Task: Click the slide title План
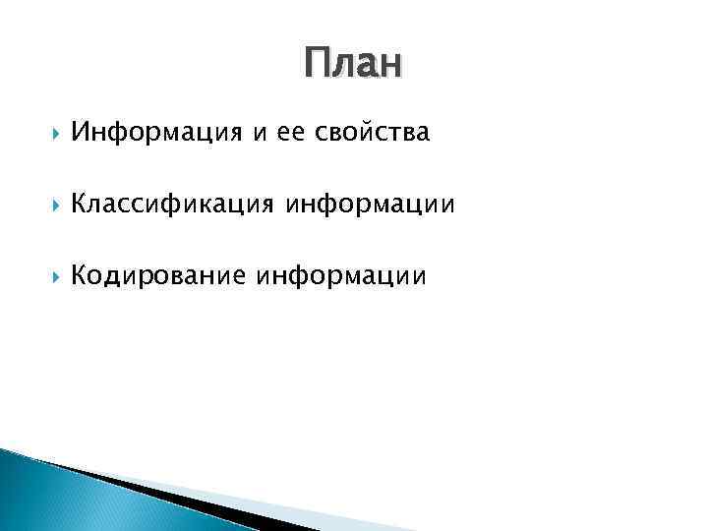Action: click(x=353, y=64)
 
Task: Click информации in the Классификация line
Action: click(x=371, y=206)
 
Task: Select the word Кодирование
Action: click(x=159, y=277)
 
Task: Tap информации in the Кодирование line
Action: click(x=342, y=278)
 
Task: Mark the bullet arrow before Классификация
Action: click(x=49, y=206)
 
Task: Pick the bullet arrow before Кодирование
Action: click(x=49, y=278)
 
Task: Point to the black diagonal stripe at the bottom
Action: click(x=177, y=498)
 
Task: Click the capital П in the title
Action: click(x=317, y=64)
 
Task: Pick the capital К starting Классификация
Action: click(x=81, y=205)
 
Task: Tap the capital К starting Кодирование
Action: click(x=81, y=277)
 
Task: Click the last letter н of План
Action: click(x=391, y=67)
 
